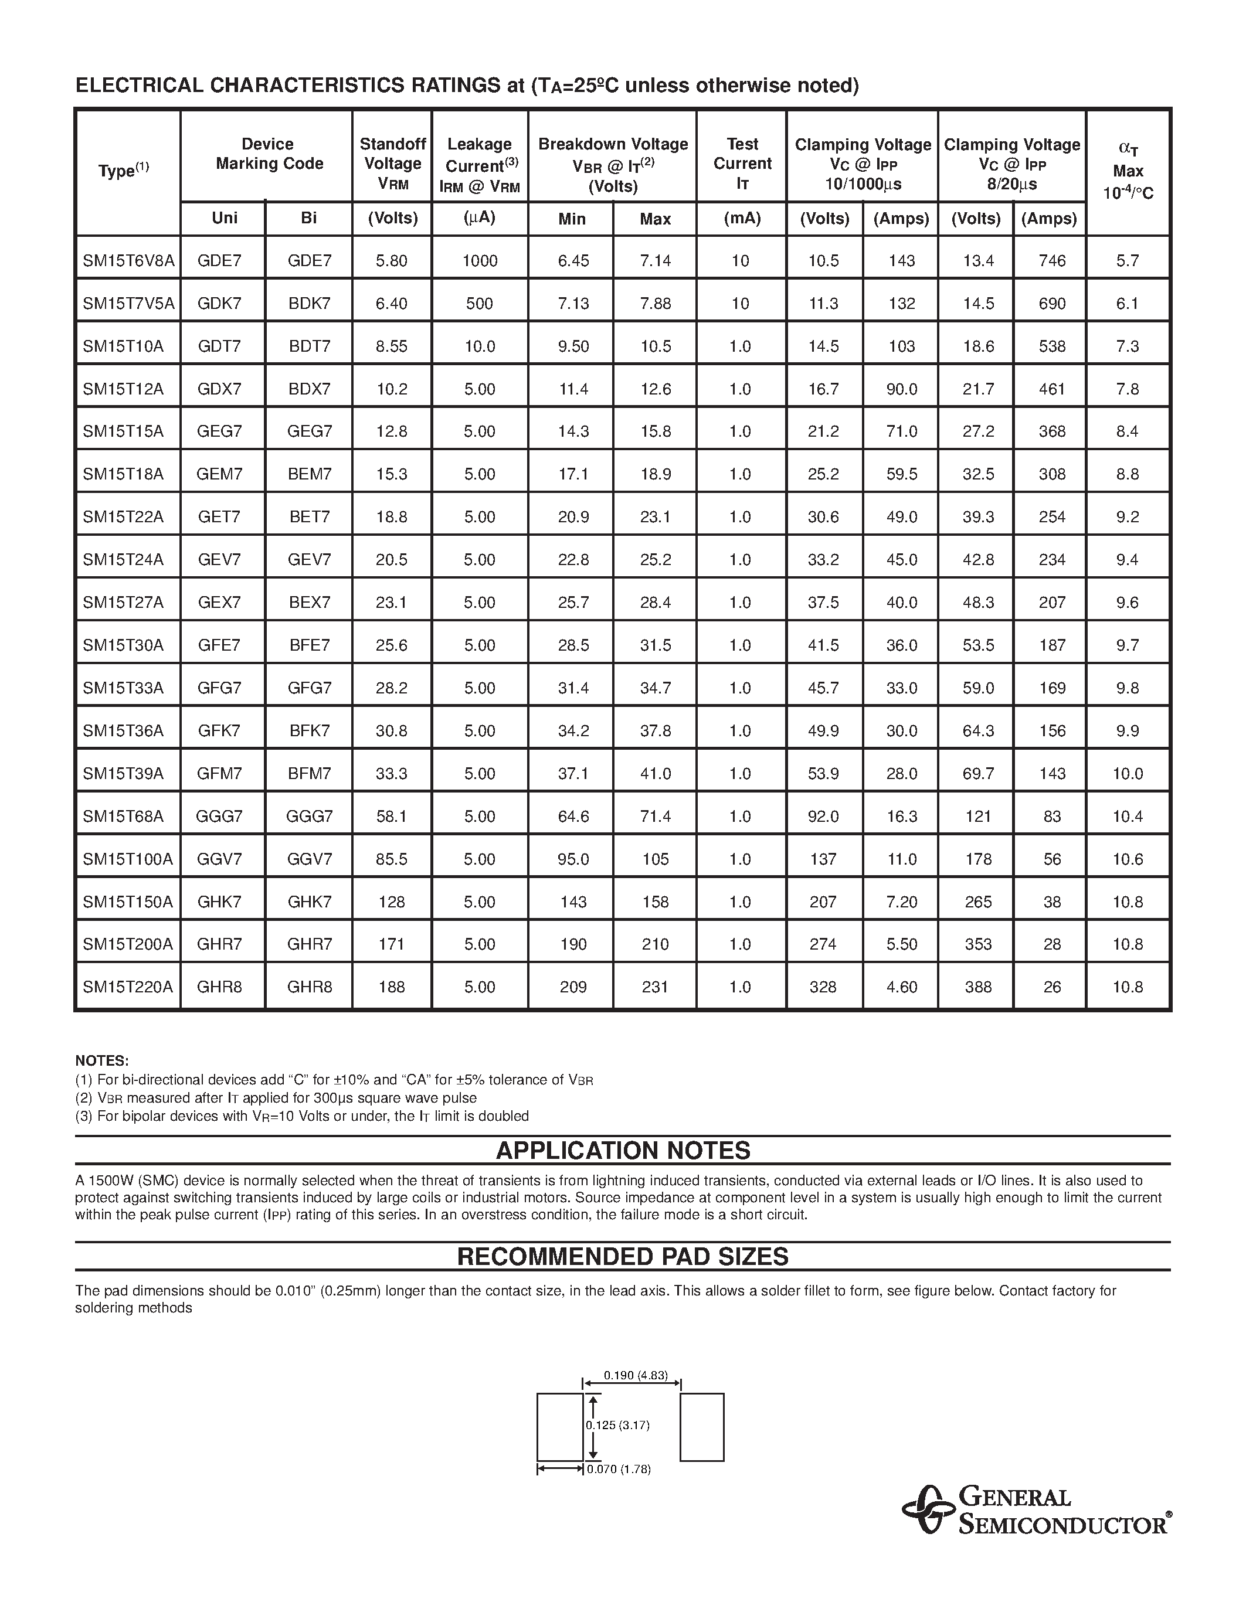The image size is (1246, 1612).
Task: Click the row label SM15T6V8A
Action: pos(128,260)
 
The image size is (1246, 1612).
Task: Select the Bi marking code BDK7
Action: pos(309,304)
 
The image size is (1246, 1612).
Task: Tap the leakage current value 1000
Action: pos(480,260)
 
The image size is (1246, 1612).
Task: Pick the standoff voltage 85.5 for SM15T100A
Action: pos(391,859)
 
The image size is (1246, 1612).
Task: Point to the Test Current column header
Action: pos(742,164)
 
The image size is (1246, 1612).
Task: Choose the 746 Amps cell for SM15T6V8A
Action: pos(1052,260)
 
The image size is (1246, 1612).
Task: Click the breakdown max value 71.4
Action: pos(656,817)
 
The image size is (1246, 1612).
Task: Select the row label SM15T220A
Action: pos(128,987)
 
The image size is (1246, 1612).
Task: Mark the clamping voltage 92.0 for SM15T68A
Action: pos(823,817)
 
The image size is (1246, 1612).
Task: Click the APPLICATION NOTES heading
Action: pos(623,1151)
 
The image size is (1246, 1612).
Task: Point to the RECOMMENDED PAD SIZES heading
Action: pos(623,1257)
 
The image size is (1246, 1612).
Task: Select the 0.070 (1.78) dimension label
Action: pos(619,1469)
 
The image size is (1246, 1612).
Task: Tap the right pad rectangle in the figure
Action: pos(702,1427)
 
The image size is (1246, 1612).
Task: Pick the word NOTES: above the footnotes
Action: pos(102,1060)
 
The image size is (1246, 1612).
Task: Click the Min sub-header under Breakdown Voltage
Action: pos(572,219)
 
